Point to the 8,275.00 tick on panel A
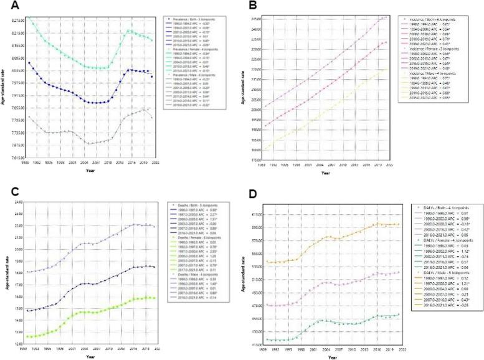[x=17, y=20]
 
